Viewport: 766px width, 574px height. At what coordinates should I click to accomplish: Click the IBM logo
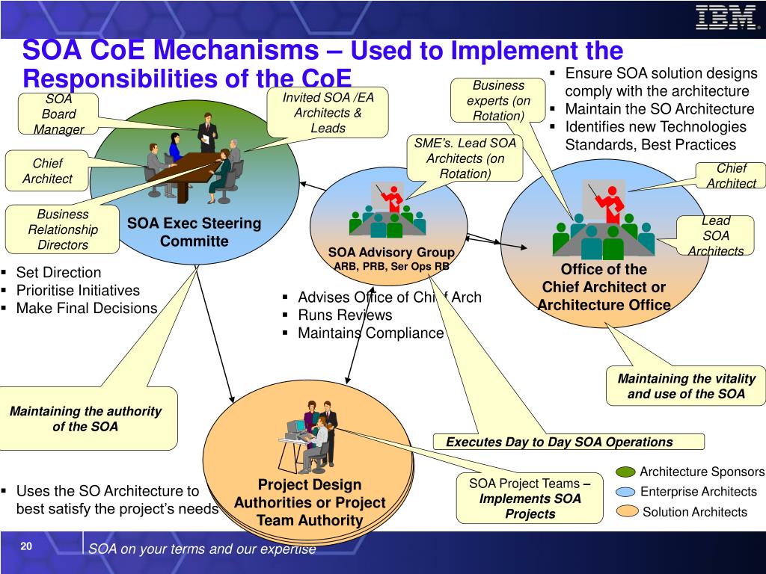tap(725, 17)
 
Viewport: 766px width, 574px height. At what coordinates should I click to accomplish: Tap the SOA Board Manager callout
tap(58, 114)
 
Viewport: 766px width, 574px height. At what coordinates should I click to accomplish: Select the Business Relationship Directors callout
tap(63, 229)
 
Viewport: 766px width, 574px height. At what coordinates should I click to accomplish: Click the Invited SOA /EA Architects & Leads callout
tap(328, 113)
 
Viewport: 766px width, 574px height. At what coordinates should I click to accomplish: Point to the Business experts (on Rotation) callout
tap(498, 100)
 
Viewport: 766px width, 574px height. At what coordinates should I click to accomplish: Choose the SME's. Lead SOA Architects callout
tap(465, 158)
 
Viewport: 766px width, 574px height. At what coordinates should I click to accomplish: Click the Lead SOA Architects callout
tap(716, 235)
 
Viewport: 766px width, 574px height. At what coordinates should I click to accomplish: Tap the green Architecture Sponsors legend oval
tap(626, 472)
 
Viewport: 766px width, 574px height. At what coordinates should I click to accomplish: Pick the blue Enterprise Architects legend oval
tap(627, 492)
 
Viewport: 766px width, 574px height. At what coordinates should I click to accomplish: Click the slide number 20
tap(26, 547)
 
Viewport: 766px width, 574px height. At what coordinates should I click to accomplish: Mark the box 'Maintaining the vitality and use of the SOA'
tap(686, 386)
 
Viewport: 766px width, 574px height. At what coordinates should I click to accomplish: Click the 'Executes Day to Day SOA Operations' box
tap(560, 442)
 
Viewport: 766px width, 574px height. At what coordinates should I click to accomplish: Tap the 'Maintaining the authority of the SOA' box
tap(85, 419)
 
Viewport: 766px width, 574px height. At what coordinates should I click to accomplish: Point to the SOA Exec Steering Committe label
tap(194, 232)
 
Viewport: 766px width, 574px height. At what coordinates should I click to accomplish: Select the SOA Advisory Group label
tap(391, 253)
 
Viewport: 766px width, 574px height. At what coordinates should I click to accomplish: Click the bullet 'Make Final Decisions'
tap(86, 308)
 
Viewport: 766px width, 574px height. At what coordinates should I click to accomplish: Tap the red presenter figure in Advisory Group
tap(390, 197)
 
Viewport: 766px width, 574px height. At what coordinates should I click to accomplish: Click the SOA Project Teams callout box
tap(530, 499)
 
